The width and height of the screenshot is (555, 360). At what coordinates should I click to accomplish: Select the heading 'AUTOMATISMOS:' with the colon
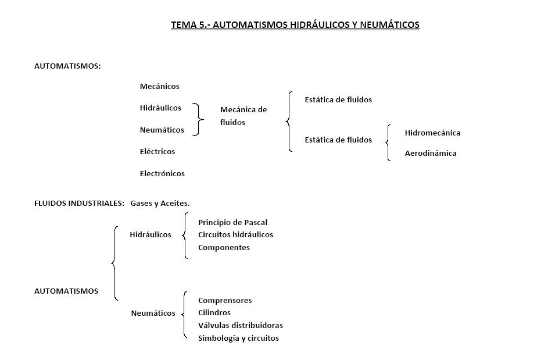pos(67,66)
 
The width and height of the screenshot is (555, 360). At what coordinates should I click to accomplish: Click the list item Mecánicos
pos(159,87)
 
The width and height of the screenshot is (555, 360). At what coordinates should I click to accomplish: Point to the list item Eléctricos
pos(157,152)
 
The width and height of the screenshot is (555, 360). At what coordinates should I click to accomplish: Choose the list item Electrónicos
pos(162,173)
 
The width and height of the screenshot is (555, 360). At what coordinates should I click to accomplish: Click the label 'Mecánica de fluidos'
pos(243,116)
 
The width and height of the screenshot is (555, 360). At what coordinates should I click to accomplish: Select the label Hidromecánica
pos(432,133)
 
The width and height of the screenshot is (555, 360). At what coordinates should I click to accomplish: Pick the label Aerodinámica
pos(430,154)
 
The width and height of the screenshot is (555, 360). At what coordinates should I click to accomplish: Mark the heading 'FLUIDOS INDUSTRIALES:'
pos(79,203)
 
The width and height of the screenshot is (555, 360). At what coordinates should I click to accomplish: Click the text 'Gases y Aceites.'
pos(160,203)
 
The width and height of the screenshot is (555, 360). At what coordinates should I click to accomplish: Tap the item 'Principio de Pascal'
pos(232,222)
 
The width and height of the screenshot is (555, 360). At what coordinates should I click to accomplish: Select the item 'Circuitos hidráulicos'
pos(235,235)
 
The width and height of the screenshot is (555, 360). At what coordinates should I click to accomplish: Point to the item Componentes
pos(224,248)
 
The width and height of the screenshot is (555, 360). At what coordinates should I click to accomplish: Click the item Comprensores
pos(225,301)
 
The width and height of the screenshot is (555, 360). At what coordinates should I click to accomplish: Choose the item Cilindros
pos(214,313)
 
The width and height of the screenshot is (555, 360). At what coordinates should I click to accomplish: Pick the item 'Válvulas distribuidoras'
pos(240,326)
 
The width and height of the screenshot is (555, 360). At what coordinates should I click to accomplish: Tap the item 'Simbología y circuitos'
pos(238,338)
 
